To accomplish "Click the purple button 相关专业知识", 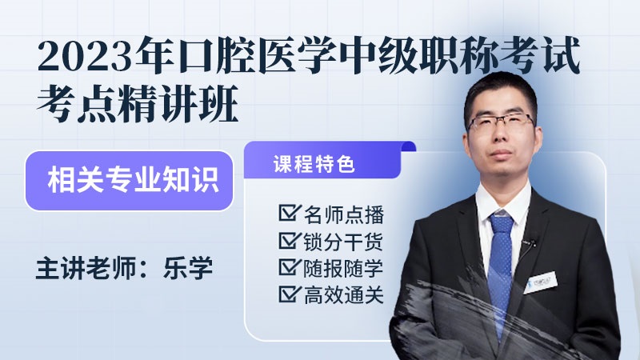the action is pyautogui.click(x=129, y=181).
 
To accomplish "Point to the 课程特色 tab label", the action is pyautogui.click(x=314, y=165).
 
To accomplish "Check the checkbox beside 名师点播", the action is pyautogui.click(x=290, y=213).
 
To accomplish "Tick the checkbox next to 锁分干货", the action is pyautogui.click(x=290, y=240).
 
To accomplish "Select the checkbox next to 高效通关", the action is pyautogui.click(x=290, y=294).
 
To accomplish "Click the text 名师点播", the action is pyautogui.click(x=344, y=214).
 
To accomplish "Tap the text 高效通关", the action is pyautogui.click(x=344, y=295).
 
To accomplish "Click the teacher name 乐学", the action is pyautogui.click(x=188, y=268).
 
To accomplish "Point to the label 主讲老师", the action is pyautogui.click(x=86, y=268).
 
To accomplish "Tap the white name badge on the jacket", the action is pyautogui.click(x=539, y=282).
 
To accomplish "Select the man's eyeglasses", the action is pyautogui.click(x=502, y=122).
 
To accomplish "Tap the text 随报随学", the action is pyautogui.click(x=344, y=268).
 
